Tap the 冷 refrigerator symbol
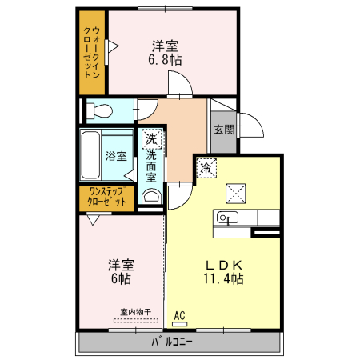[x=206, y=168]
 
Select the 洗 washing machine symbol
[x=151, y=139]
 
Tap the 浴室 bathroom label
[x=117, y=156]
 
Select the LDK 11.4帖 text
[x=225, y=272]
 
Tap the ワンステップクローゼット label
[x=106, y=197]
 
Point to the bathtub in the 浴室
[x=90, y=156]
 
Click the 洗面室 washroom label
[x=151, y=167]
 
